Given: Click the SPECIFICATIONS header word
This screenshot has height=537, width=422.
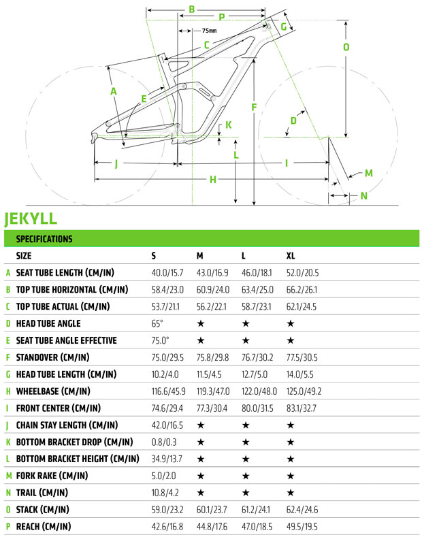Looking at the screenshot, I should [x=44, y=239].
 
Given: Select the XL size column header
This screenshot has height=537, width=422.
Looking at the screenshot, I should [x=291, y=256].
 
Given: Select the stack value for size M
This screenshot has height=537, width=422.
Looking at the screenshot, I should [x=212, y=510].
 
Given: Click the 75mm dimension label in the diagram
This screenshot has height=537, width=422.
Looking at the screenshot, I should [x=210, y=31].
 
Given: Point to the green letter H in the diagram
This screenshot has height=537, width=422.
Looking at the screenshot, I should [x=213, y=179].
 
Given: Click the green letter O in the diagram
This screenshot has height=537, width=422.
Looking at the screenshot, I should [x=346, y=48].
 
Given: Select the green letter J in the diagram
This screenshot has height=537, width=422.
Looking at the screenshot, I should [x=116, y=163].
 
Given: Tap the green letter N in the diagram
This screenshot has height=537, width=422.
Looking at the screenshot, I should [x=363, y=196].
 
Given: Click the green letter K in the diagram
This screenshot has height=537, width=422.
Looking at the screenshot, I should [x=228, y=125].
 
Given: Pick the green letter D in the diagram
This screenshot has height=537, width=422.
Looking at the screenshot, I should [x=293, y=121].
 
